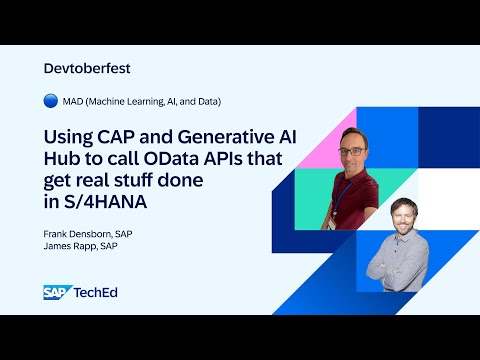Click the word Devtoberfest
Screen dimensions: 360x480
coord(88,68)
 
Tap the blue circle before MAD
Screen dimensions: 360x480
coord(51,101)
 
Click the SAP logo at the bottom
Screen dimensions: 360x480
coord(55,293)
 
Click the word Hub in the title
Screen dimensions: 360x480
coord(65,157)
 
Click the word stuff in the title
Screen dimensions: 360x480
coord(149,178)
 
